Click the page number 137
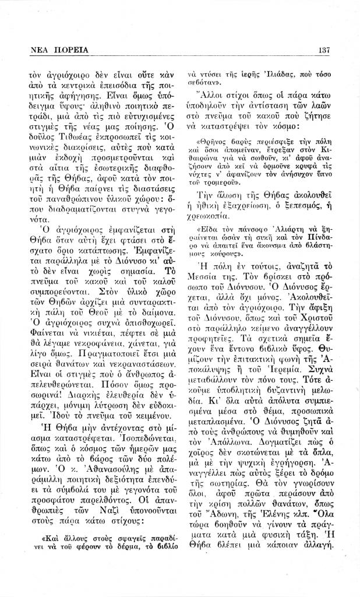pos(324,50)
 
